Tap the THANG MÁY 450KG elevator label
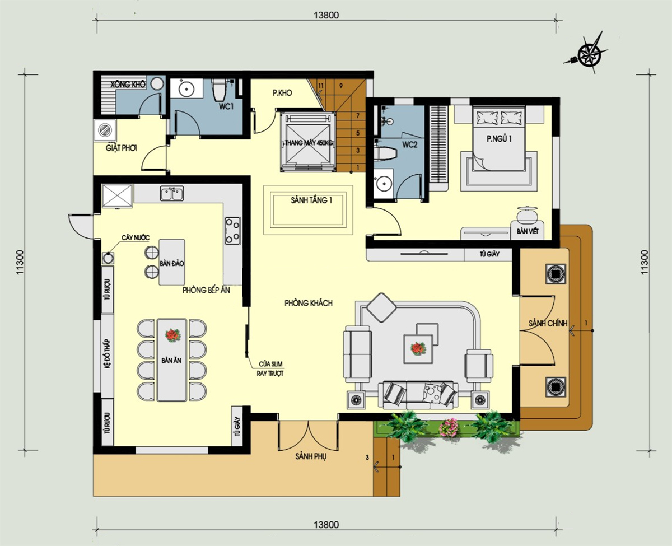tap(309, 143)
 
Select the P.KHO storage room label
tap(282, 93)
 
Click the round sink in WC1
tap(186, 89)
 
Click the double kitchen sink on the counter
tap(171, 193)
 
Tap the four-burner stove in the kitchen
tap(232, 231)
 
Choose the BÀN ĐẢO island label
tap(171, 263)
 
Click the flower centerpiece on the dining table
tap(172, 335)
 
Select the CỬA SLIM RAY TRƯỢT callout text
tap(270, 368)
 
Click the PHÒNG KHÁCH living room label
tap(309, 303)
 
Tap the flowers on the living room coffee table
tap(418, 348)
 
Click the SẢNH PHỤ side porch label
tap(311, 456)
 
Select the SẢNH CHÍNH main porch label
tap(548, 323)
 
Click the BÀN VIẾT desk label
tap(527, 231)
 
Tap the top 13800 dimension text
tap(326, 15)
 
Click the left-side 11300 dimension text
tap(20, 262)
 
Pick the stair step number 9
tap(341, 86)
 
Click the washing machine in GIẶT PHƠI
tap(105, 130)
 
